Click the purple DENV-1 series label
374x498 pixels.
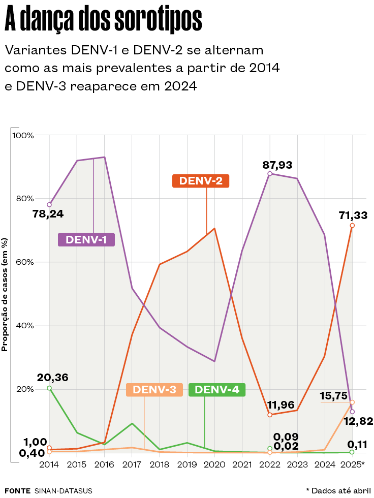coord(86,239)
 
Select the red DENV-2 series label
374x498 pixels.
coord(201,180)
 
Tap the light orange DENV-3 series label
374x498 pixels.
coord(154,390)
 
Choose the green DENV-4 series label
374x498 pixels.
coord(217,390)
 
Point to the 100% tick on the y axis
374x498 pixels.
coord(23,136)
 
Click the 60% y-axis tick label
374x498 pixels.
coord(23,262)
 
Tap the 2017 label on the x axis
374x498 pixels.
coord(132,464)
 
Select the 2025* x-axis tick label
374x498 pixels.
coord(353,464)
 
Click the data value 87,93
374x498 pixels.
coord(277,165)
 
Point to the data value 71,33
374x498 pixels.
coord(353,215)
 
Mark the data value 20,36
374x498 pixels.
coord(52,378)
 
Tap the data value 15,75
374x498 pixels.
coord(333,395)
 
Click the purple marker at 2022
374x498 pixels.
coord(270,174)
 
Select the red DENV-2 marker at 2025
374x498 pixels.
coord(352,226)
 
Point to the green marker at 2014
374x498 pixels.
coord(49,388)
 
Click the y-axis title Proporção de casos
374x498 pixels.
coord(5,295)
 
